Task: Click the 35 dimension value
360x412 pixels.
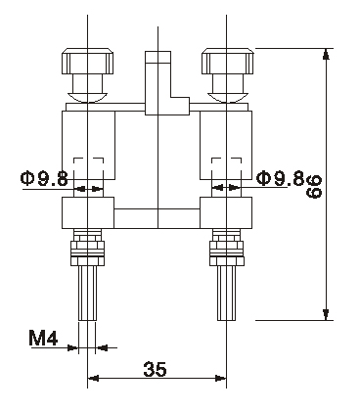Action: pyautogui.click(x=155, y=369)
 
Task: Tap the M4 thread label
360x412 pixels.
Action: pyautogui.click(x=43, y=338)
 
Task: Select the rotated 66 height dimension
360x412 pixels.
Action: pyautogui.click(x=314, y=187)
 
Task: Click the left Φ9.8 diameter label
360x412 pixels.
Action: pyautogui.click(x=44, y=178)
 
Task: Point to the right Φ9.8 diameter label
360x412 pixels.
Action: pyautogui.click(x=281, y=178)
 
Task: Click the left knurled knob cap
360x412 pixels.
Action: pyautogui.click(x=87, y=61)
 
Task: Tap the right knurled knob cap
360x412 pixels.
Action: pyautogui.click(x=227, y=61)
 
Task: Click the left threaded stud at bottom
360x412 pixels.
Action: pyautogui.click(x=88, y=293)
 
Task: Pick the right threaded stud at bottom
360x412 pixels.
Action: pyautogui.click(x=227, y=293)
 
